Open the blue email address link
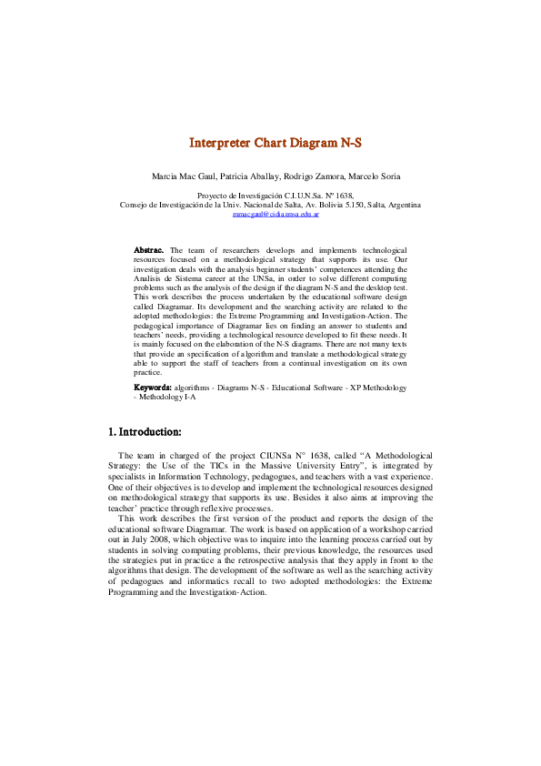[270, 214]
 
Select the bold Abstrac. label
[149, 249]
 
